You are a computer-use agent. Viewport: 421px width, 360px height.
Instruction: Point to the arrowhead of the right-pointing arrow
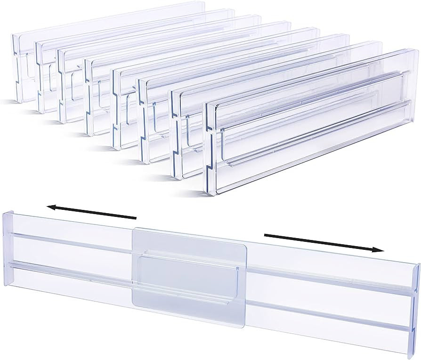pos(379,250)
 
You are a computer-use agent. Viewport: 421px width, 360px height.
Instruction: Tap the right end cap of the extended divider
pos(414,301)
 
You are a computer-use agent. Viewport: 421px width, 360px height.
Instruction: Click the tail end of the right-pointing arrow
pos(266,235)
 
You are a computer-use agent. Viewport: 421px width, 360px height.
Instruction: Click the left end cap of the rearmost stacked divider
pos(17,66)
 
